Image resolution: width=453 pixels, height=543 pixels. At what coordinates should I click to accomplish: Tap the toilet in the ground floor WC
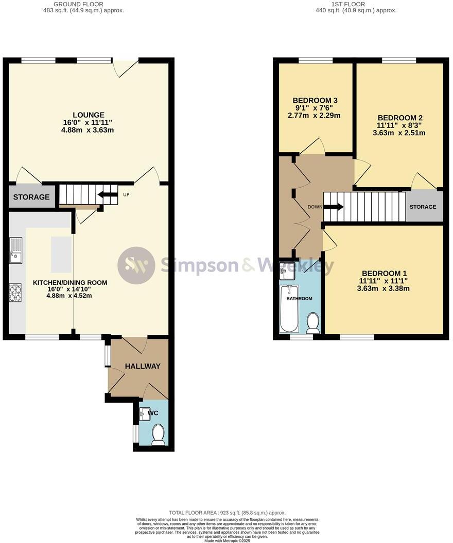pyautogui.click(x=158, y=434)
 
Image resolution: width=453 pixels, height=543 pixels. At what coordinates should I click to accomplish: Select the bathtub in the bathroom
pyautogui.click(x=289, y=309)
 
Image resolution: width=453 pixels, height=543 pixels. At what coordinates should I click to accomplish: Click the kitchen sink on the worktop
pyautogui.click(x=15, y=250)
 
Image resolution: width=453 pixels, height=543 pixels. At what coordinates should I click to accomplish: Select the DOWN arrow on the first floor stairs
pyautogui.click(x=334, y=207)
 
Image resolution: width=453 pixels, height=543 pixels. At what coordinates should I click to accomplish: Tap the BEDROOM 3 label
pyautogui.click(x=315, y=100)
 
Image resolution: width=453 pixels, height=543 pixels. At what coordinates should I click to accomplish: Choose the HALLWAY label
pyautogui.click(x=143, y=366)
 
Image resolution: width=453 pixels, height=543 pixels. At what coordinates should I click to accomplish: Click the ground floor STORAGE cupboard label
pyautogui.click(x=31, y=197)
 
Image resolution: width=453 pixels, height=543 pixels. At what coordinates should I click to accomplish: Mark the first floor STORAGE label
pyautogui.click(x=423, y=207)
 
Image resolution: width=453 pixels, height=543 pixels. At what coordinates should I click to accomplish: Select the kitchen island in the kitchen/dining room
pyautogui.click(x=61, y=255)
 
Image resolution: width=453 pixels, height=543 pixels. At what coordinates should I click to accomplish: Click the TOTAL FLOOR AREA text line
pyautogui.click(x=226, y=513)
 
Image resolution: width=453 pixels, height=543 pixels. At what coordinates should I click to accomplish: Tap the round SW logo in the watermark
pyautogui.click(x=136, y=265)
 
